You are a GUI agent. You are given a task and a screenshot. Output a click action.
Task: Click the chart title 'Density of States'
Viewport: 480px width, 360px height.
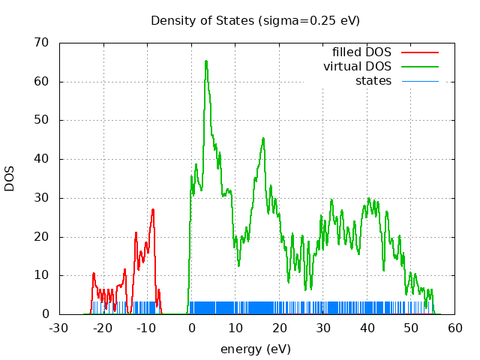coord(202,20)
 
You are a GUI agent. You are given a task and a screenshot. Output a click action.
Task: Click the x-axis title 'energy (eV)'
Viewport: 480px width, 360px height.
coord(255,349)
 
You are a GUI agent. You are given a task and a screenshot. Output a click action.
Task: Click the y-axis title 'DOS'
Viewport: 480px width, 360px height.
coord(10,178)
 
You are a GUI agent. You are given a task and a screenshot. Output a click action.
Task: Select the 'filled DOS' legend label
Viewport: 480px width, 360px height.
coord(361,52)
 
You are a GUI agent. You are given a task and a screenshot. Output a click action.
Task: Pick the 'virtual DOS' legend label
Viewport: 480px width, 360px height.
coord(357,67)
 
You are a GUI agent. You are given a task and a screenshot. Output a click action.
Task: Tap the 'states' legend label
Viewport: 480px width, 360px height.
coord(373,80)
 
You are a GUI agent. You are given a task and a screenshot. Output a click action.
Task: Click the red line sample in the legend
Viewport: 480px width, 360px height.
coord(419,52)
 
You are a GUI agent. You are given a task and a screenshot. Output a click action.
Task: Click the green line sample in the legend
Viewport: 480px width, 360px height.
coord(419,67)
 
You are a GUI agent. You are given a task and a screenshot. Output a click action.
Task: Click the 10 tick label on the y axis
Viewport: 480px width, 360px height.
coord(44,275)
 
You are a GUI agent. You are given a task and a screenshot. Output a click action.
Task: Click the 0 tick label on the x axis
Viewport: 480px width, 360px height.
coord(191,328)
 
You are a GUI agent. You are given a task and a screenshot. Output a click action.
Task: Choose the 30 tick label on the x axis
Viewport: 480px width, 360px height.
coord(323,328)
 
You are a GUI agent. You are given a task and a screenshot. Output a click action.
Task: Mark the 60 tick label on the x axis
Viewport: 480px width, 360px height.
coord(455,328)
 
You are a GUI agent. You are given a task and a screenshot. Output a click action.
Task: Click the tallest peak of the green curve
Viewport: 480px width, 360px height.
coord(205,61)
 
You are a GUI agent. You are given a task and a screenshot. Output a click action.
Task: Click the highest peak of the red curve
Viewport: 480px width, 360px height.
coord(153,209)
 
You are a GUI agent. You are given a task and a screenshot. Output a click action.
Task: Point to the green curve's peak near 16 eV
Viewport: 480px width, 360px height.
coord(263,138)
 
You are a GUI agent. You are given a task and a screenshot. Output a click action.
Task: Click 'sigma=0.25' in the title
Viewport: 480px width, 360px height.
coord(308,20)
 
